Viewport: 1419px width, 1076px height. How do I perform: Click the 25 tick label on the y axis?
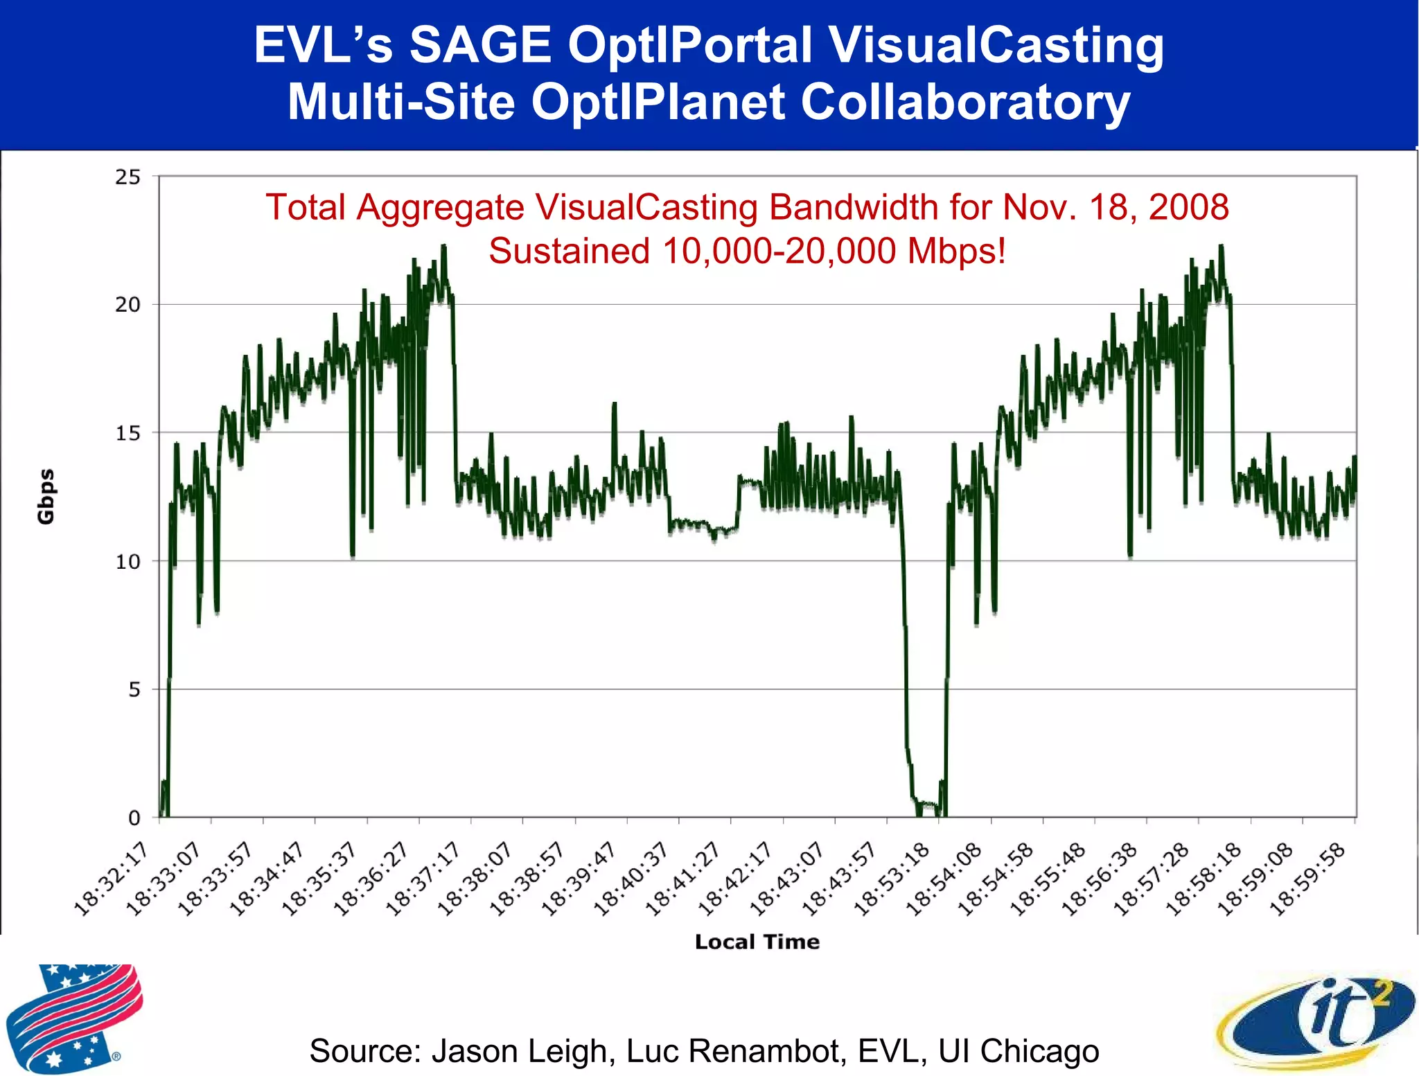click(127, 177)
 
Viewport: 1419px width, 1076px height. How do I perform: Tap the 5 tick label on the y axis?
click(134, 690)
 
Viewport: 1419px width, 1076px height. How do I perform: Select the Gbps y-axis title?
click(46, 496)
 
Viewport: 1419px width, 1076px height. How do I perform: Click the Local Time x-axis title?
click(757, 942)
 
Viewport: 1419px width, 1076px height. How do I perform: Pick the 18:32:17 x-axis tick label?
click(111, 880)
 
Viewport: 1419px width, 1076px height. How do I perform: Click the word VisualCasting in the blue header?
click(996, 46)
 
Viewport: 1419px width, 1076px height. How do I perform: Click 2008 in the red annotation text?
click(1189, 207)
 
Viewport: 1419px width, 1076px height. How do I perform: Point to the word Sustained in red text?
click(569, 251)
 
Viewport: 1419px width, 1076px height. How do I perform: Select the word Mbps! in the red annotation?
click(956, 251)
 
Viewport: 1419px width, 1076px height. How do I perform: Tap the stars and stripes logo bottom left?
click(73, 1017)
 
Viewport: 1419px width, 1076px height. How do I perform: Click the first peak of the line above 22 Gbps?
click(443, 246)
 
